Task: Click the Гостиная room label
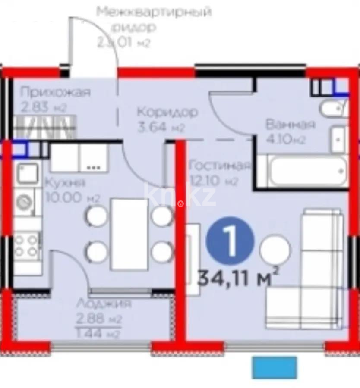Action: (220, 166)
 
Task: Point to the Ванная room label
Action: (290, 125)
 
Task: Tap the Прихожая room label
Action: (55, 92)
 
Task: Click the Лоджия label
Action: (104, 304)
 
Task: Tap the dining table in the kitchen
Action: (129, 233)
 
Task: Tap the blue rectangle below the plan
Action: (275, 367)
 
